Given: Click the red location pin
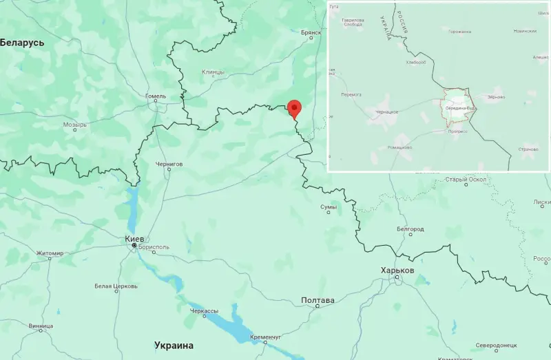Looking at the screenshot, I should tap(294, 108).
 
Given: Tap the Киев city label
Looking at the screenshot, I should tap(134, 239).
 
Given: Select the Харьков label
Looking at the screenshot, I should tap(397, 271).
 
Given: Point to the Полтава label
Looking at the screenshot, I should tap(318, 300).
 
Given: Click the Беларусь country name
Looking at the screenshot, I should tap(22, 43).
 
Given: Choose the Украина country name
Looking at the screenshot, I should tap(174, 345).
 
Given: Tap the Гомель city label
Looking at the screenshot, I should tap(156, 96).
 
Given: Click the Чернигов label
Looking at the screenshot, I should tap(169, 164).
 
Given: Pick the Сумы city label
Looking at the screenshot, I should tap(329, 207).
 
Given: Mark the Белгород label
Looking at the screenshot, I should tap(410, 229).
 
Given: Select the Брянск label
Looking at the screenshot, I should tap(311, 32).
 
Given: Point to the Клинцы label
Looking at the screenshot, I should tap(214, 72).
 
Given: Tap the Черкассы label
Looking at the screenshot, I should tap(204, 311).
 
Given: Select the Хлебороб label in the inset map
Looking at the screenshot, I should tap(417, 62).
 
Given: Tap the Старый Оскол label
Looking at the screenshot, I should tap(466, 180).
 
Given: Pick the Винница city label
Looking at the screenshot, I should tap(41, 326).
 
